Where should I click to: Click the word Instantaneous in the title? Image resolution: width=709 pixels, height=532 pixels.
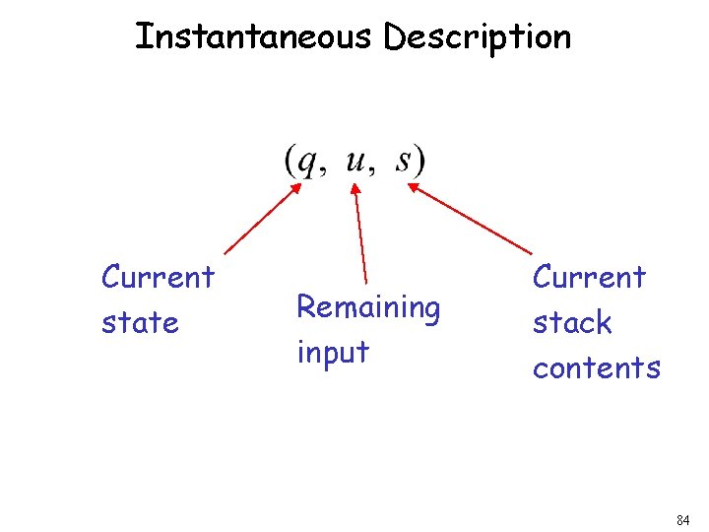point(255,37)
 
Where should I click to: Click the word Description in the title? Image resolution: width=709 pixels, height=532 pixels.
point(477,38)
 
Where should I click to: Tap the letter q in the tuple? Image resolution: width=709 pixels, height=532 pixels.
point(309,163)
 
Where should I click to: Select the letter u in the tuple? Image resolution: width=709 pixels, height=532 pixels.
point(355,161)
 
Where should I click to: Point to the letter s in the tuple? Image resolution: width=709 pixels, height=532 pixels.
point(404,161)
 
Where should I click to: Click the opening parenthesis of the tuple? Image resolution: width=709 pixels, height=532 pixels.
point(291,162)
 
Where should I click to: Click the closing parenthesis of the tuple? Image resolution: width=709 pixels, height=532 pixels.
point(419,162)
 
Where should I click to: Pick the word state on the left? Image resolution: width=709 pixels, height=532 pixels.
point(140,322)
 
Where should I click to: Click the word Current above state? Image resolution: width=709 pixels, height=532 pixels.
point(158,277)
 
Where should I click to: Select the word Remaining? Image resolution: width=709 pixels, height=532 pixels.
point(368,308)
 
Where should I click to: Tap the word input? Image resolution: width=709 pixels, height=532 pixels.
point(333,352)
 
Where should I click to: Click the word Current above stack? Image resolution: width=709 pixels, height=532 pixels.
point(589,277)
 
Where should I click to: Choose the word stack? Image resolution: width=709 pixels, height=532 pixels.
point(572,322)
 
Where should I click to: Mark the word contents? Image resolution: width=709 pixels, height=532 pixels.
point(596,367)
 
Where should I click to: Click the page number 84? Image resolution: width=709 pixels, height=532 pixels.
point(683,519)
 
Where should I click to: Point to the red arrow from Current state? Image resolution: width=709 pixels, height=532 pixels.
point(263,220)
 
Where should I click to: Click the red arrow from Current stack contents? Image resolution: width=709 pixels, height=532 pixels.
point(470,217)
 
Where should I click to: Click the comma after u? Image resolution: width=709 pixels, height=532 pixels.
point(371,169)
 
